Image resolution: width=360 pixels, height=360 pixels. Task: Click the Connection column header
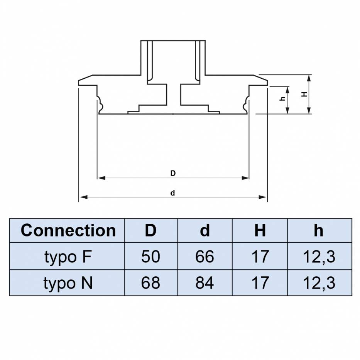[68, 230]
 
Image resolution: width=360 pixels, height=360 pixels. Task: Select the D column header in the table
[150, 230]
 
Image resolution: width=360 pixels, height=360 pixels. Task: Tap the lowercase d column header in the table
[205, 230]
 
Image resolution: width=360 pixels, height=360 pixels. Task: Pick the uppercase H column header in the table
[260, 230]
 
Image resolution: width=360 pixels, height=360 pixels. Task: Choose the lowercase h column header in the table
[319, 230]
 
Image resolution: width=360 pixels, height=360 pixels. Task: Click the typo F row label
[68, 257]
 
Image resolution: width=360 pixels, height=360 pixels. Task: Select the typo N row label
[68, 283]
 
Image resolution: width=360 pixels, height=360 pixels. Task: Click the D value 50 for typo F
[150, 257]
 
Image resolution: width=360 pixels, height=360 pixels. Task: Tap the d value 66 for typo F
[205, 257]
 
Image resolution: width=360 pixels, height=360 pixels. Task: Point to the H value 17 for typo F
[260, 257]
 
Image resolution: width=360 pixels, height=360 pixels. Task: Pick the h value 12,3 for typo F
[319, 257]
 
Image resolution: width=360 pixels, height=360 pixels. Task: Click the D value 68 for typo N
[150, 283]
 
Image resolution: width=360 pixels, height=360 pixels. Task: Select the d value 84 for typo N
[205, 283]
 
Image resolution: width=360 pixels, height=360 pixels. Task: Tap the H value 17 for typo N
[260, 283]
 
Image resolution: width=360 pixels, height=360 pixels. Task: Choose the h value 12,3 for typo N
[319, 283]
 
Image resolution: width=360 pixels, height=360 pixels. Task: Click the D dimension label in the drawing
[173, 174]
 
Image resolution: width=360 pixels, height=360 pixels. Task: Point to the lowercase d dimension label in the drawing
[173, 193]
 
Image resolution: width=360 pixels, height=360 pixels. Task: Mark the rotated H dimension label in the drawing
[304, 94]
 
